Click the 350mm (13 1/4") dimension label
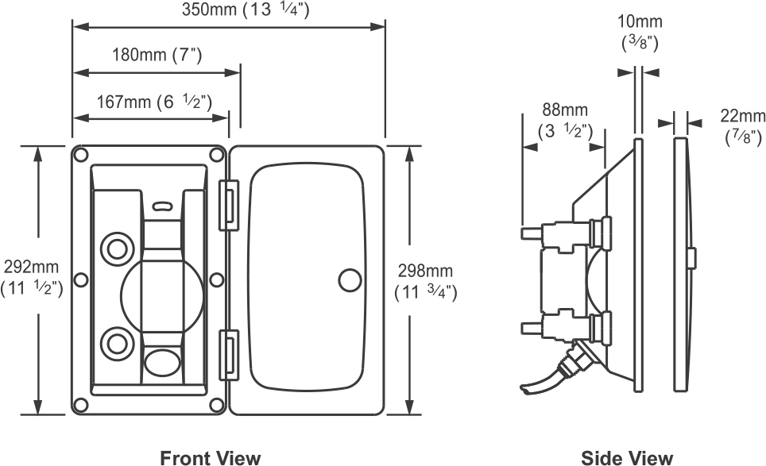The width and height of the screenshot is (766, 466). click(x=246, y=10)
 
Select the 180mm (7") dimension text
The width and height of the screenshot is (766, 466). click(x=157, y=55)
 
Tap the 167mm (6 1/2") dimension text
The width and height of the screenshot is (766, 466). click(x=154, y=102)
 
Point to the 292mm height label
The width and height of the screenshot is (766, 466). click(x=32, y=278)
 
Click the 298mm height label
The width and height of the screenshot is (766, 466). click(x=425, y=282)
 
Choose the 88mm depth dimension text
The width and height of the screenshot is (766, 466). click(x=565, y=121)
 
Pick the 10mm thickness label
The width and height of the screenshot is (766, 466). click(x=640, y=33)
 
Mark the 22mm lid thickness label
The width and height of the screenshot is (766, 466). click(x=742, y=126)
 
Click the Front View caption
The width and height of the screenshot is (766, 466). click(x=210, y=458)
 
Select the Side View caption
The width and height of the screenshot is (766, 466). click(x=627, y=458)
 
